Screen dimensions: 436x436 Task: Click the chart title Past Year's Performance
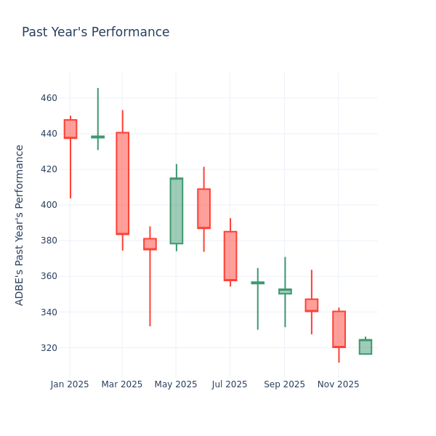95,33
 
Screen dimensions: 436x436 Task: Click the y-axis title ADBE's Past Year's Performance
20,225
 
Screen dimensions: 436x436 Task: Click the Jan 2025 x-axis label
70,384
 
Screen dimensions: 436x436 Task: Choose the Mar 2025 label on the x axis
122,384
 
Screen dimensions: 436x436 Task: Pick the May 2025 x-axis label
176,384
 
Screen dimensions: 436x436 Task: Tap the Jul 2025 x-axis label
230,384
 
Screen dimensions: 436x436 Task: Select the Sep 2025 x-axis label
284,384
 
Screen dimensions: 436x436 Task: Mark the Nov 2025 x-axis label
338,384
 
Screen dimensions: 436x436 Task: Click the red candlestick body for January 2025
70,129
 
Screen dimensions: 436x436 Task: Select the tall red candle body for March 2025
122,183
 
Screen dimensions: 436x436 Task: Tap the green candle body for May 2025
176,211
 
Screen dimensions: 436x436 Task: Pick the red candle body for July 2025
230,256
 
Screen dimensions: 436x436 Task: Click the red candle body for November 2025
339,329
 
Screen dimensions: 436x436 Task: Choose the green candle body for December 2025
365,347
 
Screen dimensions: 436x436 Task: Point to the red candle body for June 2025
203,209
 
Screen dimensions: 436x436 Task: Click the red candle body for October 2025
311,305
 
